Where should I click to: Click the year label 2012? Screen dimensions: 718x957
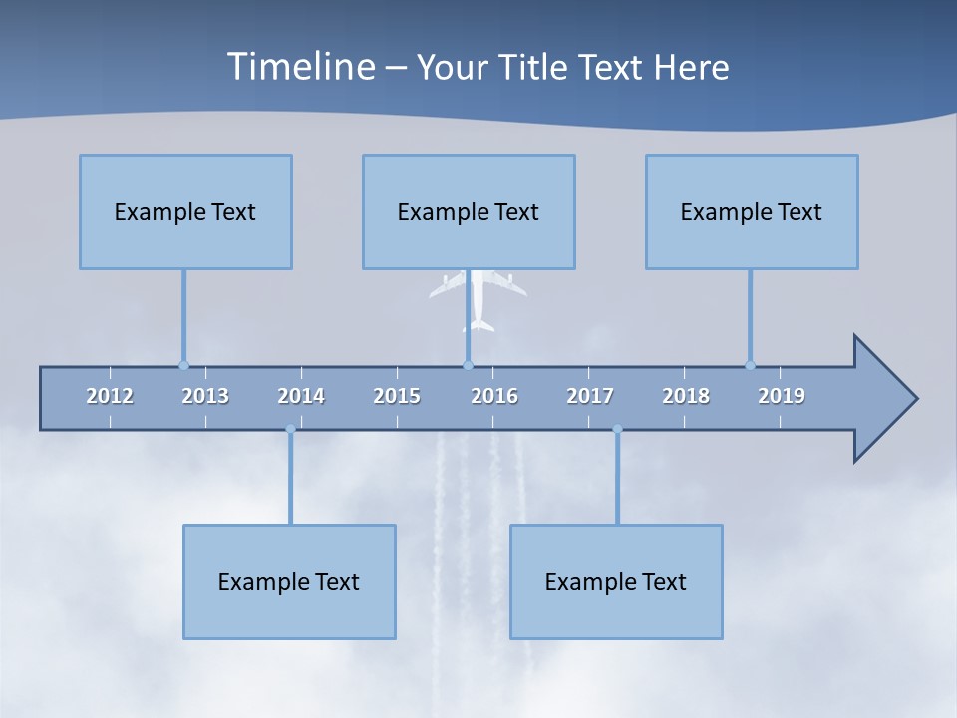(110, 396)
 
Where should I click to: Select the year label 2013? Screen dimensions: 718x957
(205, 396)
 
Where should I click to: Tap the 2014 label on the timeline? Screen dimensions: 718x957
(301, 396)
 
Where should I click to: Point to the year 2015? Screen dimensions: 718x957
(397, 396)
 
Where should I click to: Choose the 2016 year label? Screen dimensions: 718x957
(494, 396)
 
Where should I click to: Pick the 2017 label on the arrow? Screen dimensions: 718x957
(590, 396)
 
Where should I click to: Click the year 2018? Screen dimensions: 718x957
(686, 396)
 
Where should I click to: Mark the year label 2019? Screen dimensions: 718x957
(782, 396)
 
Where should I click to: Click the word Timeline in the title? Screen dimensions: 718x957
(299, 67)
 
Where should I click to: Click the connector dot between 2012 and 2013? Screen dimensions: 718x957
(183, 365)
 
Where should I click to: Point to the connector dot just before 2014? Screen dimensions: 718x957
(290, 430)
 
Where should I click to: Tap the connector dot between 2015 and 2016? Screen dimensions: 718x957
(468, 365)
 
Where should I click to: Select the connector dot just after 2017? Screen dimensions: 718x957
(617, 430)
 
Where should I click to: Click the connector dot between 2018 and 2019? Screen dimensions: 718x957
(750, 365)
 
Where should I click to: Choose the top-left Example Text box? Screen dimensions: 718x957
(185, 211)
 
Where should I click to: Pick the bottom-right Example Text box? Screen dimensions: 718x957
(616, 581)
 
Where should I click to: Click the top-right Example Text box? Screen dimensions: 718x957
(752, 211)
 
